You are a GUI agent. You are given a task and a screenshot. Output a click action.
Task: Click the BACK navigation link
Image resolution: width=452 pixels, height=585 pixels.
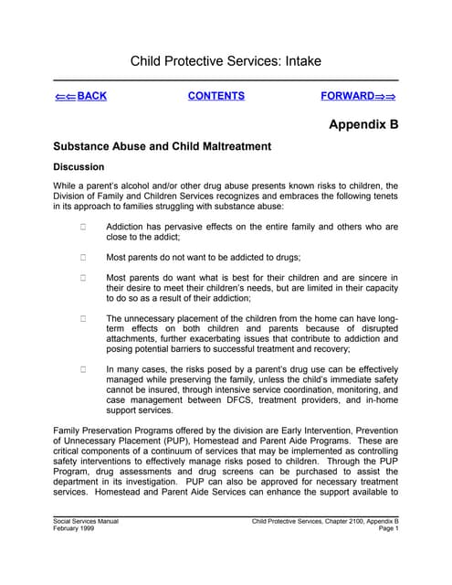pyautogui.click(x=80, y=96)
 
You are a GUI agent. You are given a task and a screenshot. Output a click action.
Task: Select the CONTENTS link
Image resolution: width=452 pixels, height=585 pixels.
pyautogui.click(x=216, y=96)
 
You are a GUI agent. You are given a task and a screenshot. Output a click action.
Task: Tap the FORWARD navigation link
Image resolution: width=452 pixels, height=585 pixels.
pyautogui.click(x=358, y=96)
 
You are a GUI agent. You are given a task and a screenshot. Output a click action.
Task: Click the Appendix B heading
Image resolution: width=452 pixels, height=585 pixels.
pyautogui.click(x=363, y=125)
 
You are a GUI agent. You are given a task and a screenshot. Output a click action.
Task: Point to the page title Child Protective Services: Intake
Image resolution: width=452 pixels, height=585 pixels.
pyautogui.click(x=226, y=62)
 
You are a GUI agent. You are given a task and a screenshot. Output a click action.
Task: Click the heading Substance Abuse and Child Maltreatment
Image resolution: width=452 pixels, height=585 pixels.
pyautogui.click(x=163, y=146)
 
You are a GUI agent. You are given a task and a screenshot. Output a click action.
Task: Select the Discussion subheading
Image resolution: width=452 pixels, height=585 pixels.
pyautogui.click(x=79, y=167)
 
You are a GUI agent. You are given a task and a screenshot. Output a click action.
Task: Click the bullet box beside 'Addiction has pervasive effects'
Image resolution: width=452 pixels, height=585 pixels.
pyautogui.click(x=82, y=227)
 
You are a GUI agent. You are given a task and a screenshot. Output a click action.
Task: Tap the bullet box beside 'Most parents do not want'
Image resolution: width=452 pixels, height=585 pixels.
pyautogui.click(x=82, y=257)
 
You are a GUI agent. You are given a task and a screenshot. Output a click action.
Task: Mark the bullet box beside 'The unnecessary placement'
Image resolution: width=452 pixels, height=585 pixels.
pyautogui.click(x=82, y=319)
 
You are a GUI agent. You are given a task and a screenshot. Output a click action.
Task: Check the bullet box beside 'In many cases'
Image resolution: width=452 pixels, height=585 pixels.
pyautogui.click(x=82, y=370)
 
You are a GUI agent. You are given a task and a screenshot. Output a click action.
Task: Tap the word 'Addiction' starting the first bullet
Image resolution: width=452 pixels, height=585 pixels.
pyautogui.click(x=130, y=227)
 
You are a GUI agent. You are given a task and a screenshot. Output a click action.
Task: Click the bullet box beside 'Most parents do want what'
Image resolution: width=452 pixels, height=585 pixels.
pyautogui.click(x=82, y=278)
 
